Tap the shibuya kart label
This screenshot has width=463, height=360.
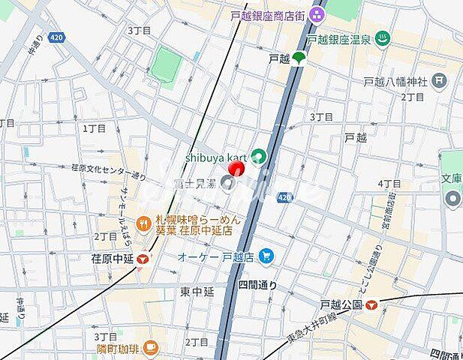coord(217,157)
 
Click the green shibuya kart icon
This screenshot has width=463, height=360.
coord(258,156)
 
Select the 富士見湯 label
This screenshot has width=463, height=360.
coord(193,182)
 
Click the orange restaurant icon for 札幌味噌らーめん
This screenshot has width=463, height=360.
coord(143,222)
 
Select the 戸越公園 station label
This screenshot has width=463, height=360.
coord(341,305)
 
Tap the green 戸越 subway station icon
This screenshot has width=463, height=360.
coord(299,57)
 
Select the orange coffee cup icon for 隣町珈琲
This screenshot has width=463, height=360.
coord(150,346)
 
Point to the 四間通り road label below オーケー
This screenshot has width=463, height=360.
coord(257,285)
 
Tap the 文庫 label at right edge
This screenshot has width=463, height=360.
coord(451,179)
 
